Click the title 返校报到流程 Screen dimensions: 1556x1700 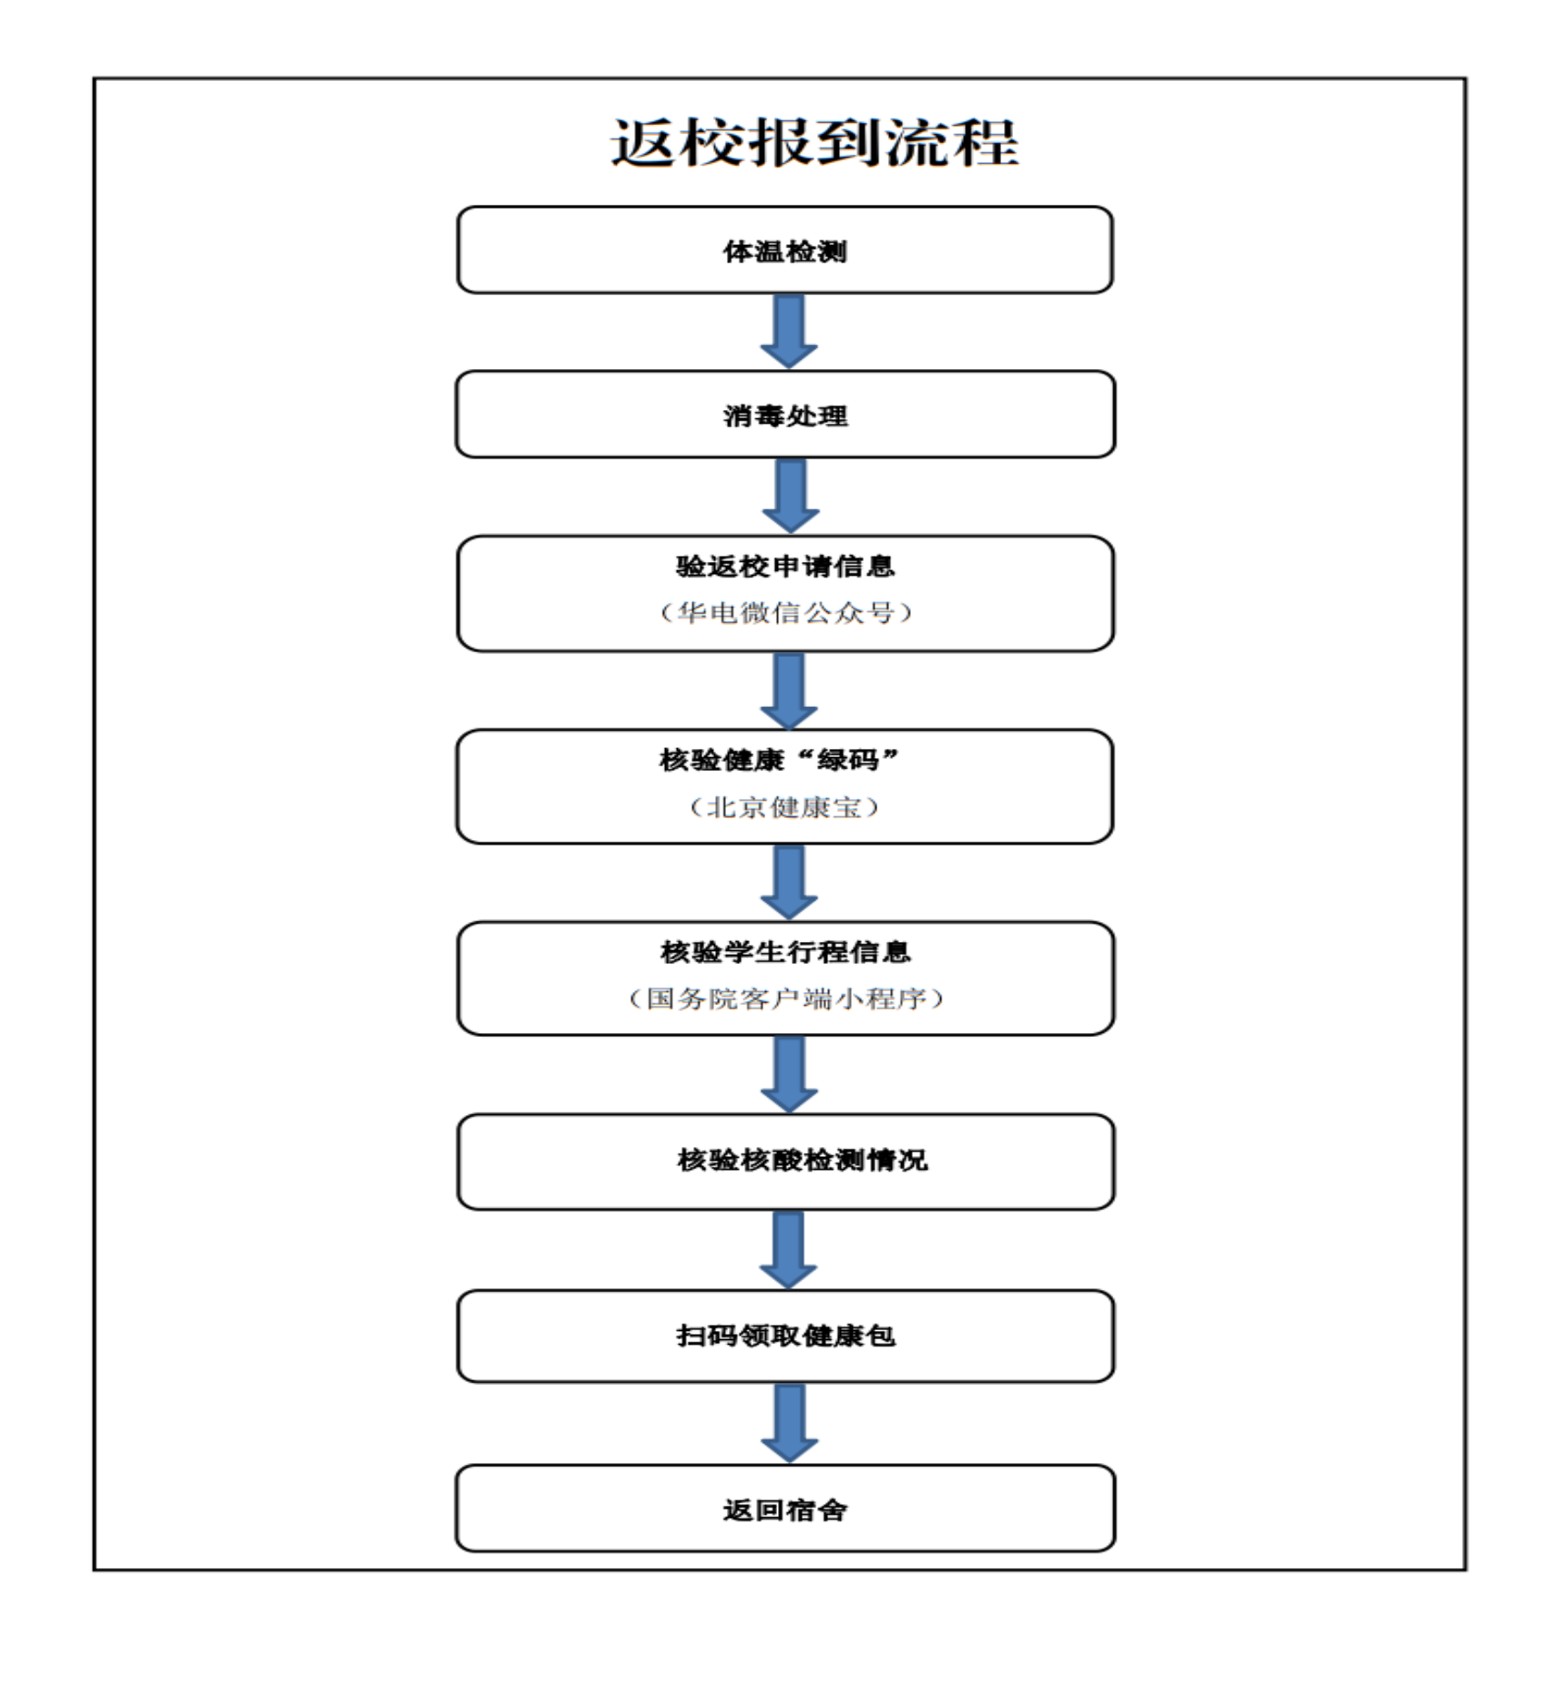(814, 142)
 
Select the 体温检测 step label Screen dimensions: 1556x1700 (785, 251)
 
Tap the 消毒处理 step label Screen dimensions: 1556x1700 (785, 416)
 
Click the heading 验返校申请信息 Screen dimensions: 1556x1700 (785, 567)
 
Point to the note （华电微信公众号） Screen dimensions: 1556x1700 (785, 612)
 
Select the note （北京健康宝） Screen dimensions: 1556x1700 (784, 807)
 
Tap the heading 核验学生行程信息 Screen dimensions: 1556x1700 (785, 952)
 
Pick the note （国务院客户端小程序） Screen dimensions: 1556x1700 (785, 998)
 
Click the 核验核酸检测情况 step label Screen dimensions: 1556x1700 (802, 1160)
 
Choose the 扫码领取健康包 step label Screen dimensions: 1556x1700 (785, 1336)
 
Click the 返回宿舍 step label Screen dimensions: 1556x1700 (785, 1511)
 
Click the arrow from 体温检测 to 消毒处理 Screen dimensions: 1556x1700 (789, 332)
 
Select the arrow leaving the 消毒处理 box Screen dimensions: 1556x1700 (790, 496)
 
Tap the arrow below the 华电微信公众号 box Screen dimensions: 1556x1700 (789, 691)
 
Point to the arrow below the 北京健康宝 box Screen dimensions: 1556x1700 (789, 883)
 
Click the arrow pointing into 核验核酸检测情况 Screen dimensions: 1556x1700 (789, 1075)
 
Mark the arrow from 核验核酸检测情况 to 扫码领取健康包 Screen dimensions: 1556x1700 (788, 1250)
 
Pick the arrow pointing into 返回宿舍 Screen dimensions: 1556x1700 (789, 1424)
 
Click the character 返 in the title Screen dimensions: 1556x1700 (643, 143)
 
